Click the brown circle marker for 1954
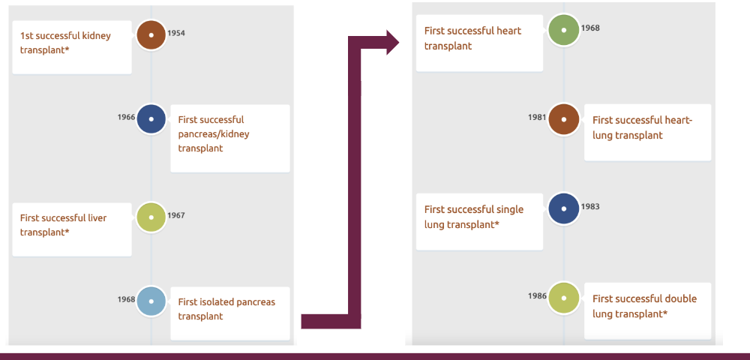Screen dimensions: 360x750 pos(151,34)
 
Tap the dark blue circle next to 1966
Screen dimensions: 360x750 pos(151,118)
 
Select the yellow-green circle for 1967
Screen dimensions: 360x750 pos(151,217)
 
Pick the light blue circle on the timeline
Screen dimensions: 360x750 pos(151,301)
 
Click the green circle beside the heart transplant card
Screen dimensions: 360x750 pos(563,30)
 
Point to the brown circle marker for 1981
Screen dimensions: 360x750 pos(563,118)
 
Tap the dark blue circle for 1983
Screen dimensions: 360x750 pos(563,208)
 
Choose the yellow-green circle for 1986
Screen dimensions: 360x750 pos(563,297)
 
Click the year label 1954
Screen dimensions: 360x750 pos(176,34)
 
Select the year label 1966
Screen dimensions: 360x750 pos(126,117)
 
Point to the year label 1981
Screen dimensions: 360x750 pos(536,117)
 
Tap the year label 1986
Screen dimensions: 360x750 pos(536,295)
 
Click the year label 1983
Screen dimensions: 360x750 pos(590,206)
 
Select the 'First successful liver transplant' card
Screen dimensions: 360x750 pos(72,226)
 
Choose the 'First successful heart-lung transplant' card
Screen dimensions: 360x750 pos(647,128)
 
